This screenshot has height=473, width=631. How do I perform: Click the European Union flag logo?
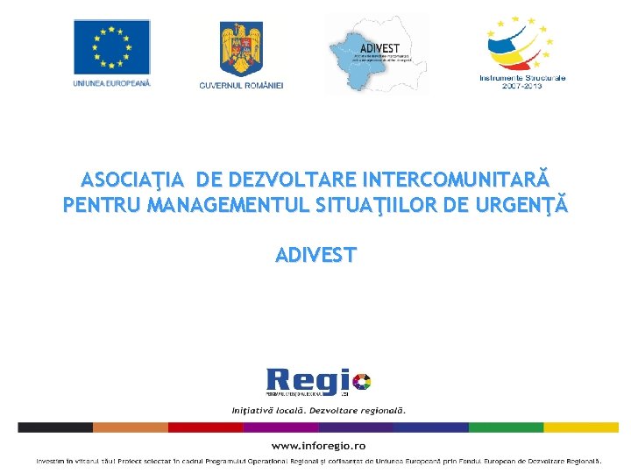pyautogui.click(x=111, y=46)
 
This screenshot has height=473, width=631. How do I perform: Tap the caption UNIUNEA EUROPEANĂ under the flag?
pyautogui.click(x=111, y=83)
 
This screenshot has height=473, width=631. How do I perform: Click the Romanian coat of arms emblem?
pyautogui.click(x=240, y=48)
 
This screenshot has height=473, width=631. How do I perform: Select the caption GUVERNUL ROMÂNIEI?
pyautogui.click(x=241, y=85)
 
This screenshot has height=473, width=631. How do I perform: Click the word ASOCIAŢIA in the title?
pyautogui.click(x=132, y=180)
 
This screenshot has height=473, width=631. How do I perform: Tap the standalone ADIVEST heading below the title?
pyautogui.click(x=315, y=255)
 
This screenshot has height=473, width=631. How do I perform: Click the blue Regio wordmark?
pyautogui.click(x=306, y=382)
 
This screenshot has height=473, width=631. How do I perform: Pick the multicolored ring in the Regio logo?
pyautogui.click(x=361, y=381)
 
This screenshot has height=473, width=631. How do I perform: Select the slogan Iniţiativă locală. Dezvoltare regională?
pyautogui.click(x=318, y=410)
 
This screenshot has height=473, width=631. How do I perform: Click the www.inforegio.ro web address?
pyautogui.click(x=318, y=446)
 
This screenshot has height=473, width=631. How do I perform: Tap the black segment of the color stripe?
pyautogui.click(x=54, y=427)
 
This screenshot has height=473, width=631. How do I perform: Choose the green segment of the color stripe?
pyautogui.click(x=506, y=427)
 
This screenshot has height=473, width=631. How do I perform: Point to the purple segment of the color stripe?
pyautogui.click(x=280, y=427)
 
